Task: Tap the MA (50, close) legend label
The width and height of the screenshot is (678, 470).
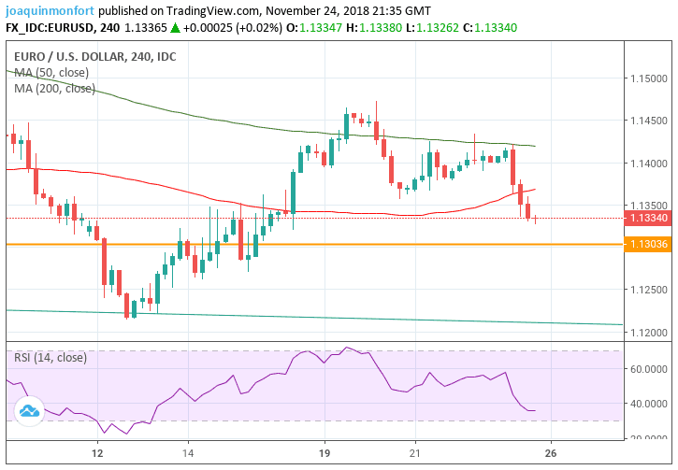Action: [x=52, y=73]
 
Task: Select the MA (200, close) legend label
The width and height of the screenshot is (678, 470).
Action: [x=55, y=88]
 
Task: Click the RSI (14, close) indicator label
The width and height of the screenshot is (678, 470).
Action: [x=50, y=358]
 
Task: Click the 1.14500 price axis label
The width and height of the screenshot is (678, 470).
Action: [x=647, y=121]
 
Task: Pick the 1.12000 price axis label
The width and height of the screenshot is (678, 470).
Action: [x=647, y=332]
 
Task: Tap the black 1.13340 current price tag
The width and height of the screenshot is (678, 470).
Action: [x=647, y=219]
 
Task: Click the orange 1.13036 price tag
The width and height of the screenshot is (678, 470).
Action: [x=647, y=244]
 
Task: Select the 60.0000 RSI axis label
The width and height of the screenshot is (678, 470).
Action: [x=647, y=369]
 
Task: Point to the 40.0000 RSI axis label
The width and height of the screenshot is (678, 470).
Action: [x=647, y=404]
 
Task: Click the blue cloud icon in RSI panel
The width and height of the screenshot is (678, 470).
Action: [x=28, y=410]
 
